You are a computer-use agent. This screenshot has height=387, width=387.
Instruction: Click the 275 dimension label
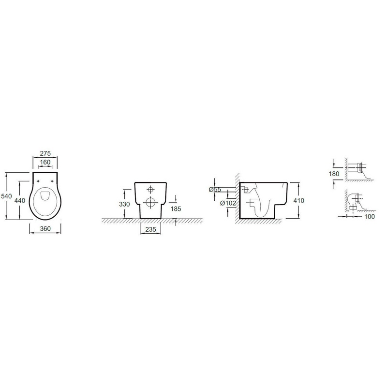(x=45, y=153)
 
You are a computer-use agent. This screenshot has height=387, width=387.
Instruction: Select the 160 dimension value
(x=45, y=162)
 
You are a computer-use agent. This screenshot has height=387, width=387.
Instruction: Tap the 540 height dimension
(x=6, y=196)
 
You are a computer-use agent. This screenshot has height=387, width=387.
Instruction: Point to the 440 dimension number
(x=20, y=200)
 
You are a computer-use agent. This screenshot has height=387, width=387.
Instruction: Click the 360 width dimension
(x=45, y=228)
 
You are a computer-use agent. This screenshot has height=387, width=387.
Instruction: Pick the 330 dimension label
(x=124, y=204)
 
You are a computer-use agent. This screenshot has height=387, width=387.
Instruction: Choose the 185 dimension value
(x=176, y=209)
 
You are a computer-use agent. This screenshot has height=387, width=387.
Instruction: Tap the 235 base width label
(x=150, y=229)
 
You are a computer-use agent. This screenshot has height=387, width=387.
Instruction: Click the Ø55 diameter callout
(x=215, y=190)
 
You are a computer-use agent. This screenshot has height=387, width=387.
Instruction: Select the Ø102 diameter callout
(x=228, y=203)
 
